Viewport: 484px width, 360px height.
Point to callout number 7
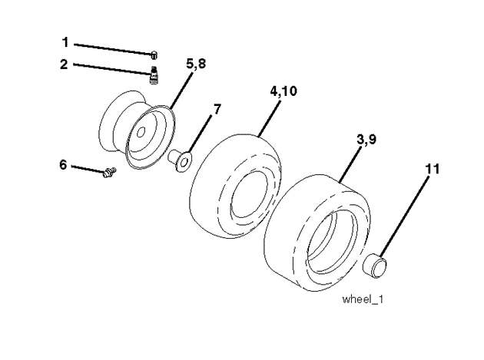tap(217, 109)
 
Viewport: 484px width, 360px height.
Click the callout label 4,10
tap(283, 91)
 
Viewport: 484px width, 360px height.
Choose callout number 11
tap(433, 169)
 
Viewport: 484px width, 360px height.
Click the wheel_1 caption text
tap(363, 299)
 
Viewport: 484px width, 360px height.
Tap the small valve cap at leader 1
tap(154, 53)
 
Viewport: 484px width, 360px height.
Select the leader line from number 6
tap(88, 167)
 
